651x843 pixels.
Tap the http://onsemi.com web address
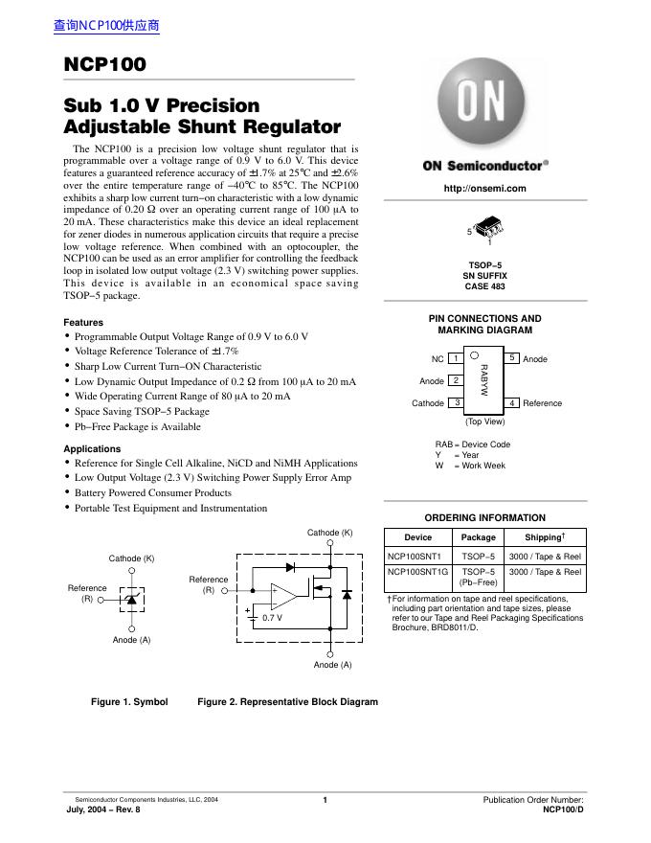click(484, 189)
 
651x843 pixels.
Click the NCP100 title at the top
click(105, 64)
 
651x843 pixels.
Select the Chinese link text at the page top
click(106, 26)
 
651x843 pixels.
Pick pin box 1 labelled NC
click(457, 358)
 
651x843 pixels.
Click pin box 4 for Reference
click(512, 403)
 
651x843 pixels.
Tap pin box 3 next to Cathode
click(457, 403)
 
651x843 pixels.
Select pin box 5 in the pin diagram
click(512, 358)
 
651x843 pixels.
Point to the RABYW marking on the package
click(484, 380)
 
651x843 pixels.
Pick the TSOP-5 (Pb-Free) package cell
click(479, 577)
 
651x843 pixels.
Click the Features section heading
click(83, 323)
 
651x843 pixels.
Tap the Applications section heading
click(92, 448)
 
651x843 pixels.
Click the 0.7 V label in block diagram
click(273, 619)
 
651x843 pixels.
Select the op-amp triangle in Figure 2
click(283, 597)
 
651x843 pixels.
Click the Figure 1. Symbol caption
click(129, 702)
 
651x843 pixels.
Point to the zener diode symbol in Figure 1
click(132, 598)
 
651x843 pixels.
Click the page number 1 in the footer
click(325, 800)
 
